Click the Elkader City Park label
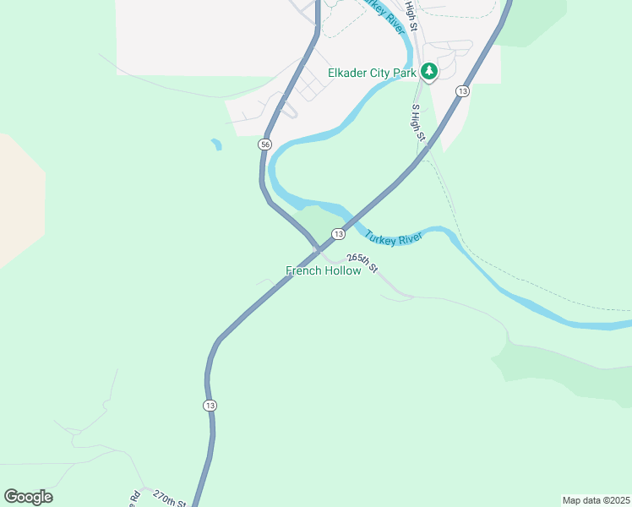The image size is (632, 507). click(x=371, y=73)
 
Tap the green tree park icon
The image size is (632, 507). click(x=429, y=72)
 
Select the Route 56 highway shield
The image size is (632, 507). click(x=265, y=145)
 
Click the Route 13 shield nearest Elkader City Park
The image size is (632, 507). click(x=462, y=91)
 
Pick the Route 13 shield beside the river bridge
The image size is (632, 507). click(x=338, y=233)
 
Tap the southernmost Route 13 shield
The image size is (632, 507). click(x=210, y=406)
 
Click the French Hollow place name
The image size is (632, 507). click(x=324, y=271)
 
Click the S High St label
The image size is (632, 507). click(x=417, y=124)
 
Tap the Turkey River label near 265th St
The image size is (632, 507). click(x=393, y=236)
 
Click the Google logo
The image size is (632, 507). click(x=28, y=497)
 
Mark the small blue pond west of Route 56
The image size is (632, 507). click(x=216, y=144)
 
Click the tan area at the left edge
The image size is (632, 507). click(x=17, y=203)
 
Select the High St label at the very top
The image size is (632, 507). click(x=411, y=15)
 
